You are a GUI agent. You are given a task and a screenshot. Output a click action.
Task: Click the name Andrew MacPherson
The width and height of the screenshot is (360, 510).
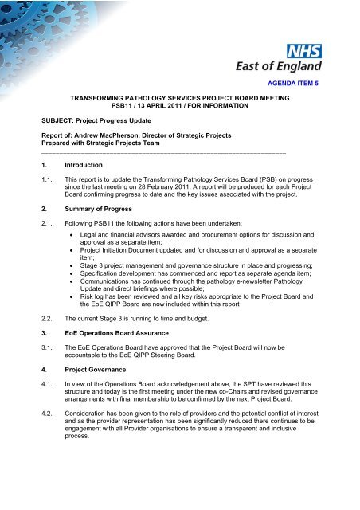108,135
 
